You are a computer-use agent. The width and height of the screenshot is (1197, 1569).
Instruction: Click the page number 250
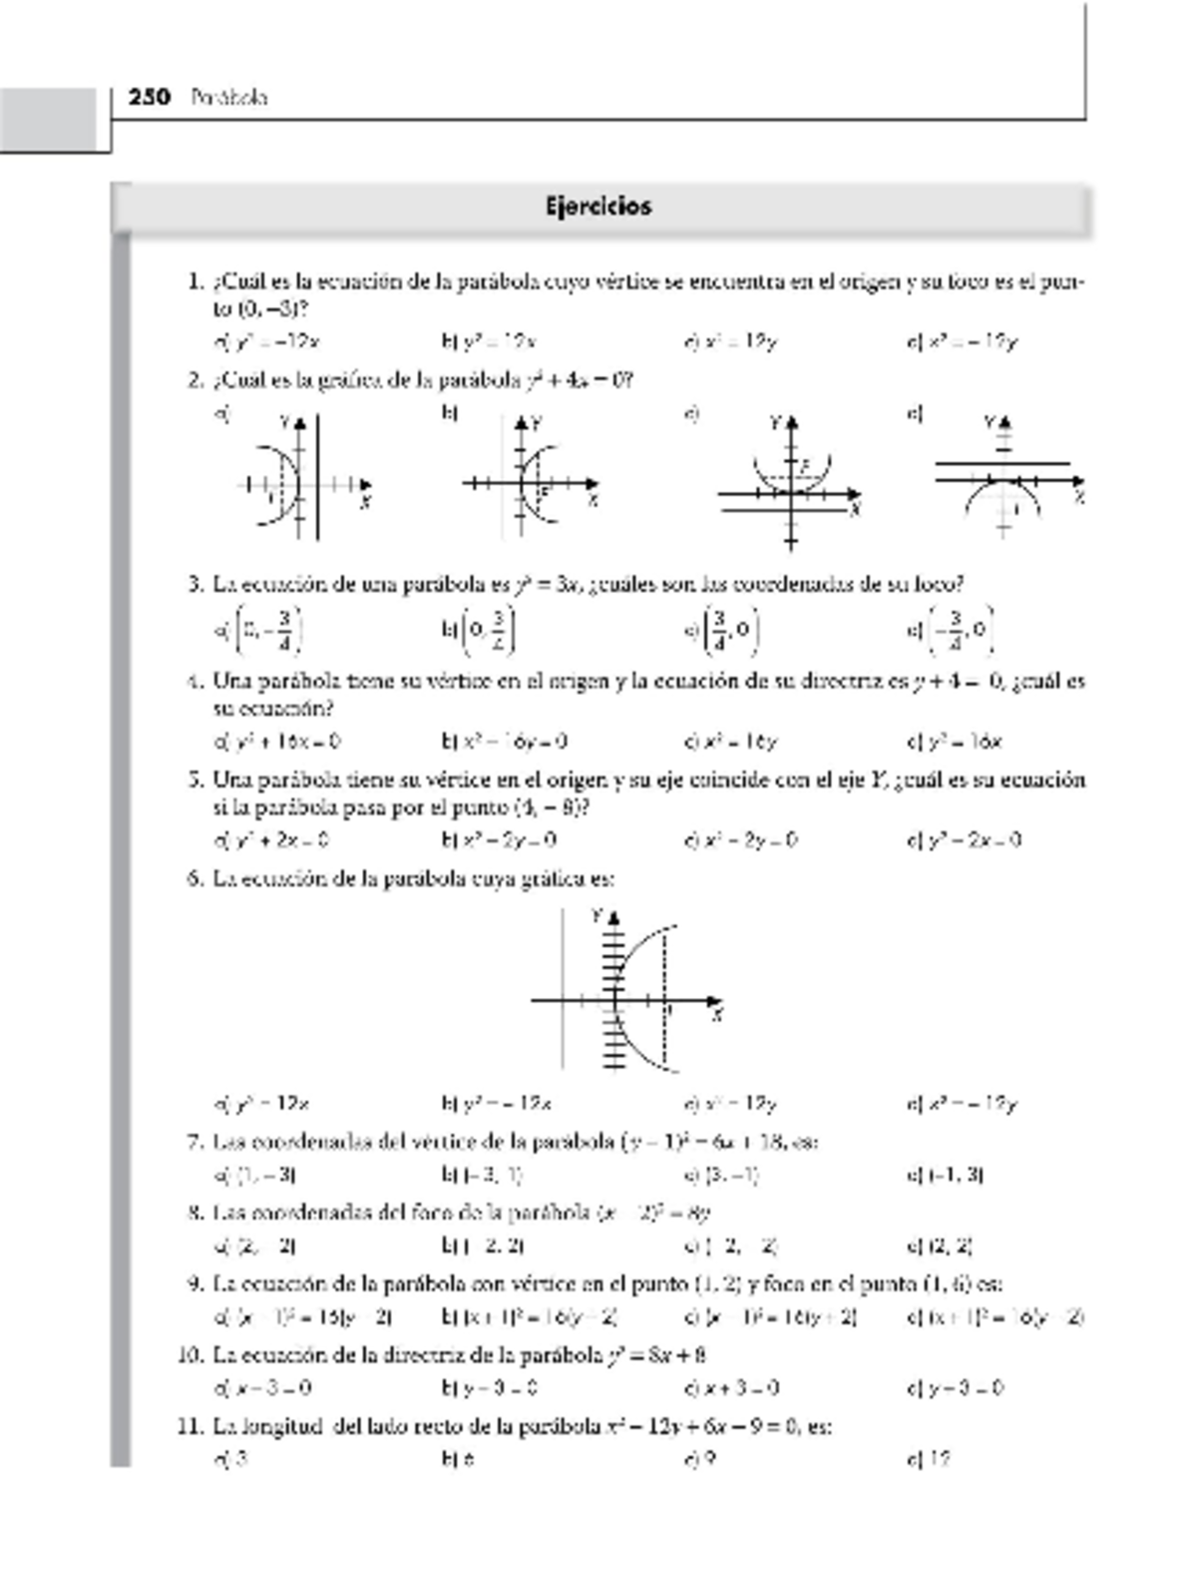150,97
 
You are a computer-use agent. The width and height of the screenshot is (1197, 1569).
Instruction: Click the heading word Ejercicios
598,207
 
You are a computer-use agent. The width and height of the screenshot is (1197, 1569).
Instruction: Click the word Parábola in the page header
229,98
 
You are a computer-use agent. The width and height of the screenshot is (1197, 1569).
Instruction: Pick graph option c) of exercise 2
789,483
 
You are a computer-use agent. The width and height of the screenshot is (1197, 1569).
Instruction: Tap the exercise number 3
196,584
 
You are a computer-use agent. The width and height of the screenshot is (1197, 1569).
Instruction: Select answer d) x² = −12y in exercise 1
963,342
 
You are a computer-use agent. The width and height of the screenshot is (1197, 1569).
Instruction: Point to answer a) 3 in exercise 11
231,1459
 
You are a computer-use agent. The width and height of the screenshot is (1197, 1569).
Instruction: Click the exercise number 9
196,1284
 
